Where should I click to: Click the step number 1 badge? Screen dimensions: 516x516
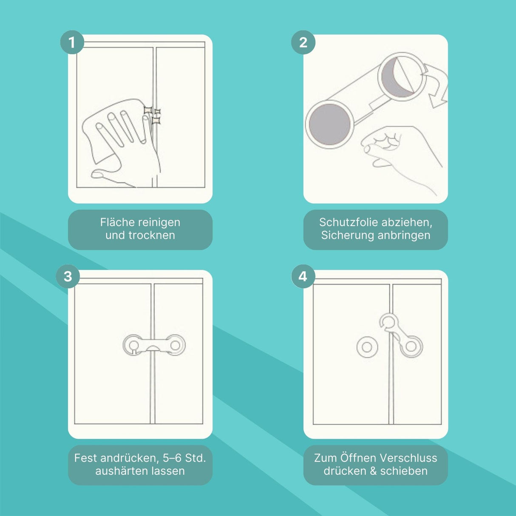coord(72,43)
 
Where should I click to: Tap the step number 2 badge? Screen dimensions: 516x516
coord(303,43)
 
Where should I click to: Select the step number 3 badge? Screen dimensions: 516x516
coord(68,276)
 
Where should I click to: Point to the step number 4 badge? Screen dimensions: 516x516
coord(303,276)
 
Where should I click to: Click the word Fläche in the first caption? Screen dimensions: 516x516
coord(117,222)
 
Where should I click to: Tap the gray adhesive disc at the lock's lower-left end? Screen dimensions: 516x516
coord(330,124)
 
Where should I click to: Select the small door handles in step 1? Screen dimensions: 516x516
coord(152,116)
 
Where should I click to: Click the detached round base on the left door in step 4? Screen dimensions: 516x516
coord(367,347)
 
